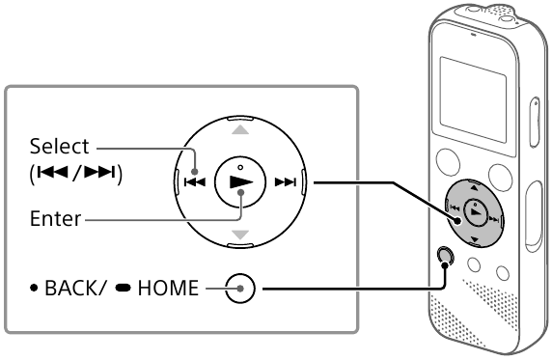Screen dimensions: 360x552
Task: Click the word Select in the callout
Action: [58, 148]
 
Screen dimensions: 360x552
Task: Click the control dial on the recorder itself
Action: [472, 210]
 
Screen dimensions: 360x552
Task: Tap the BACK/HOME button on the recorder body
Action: [445, 255]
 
